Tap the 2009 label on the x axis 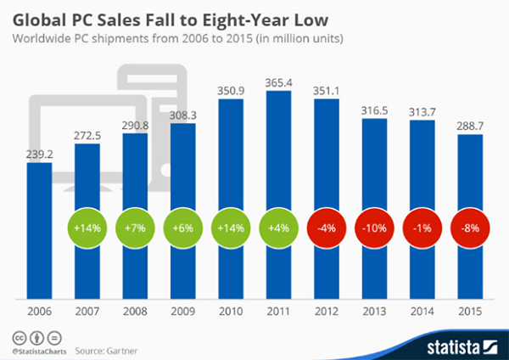(183, 312)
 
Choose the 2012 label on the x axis (328, 312)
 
